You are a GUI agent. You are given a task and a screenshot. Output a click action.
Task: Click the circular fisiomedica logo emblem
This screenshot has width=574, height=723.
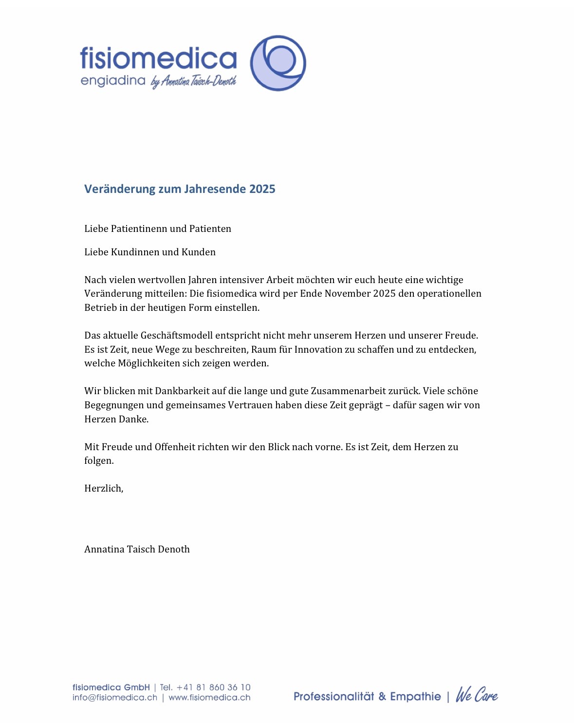(278, 63)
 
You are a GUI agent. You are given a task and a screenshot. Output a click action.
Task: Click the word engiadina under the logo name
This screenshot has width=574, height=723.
(113, 80)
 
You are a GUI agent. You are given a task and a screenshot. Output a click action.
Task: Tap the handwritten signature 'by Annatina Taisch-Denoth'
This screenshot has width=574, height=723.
(194, 81)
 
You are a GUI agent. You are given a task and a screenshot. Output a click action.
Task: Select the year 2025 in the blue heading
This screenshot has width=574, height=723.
(262, 189)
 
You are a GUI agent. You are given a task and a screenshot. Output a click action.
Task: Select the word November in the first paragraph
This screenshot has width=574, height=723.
(348, 293)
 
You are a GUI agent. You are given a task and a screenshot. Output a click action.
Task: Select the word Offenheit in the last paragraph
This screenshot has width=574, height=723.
(175, 447)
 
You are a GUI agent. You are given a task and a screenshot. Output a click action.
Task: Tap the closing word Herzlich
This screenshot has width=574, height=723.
(104, 488)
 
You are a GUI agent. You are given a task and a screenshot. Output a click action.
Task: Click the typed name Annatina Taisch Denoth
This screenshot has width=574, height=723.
(137, 549)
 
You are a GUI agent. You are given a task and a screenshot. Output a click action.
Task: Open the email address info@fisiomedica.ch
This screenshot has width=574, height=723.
(115, 698)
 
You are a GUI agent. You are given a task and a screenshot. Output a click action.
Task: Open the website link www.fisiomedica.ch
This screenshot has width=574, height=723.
(209, 698)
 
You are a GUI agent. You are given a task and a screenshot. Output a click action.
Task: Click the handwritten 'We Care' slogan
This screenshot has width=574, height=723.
(477, 695)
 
